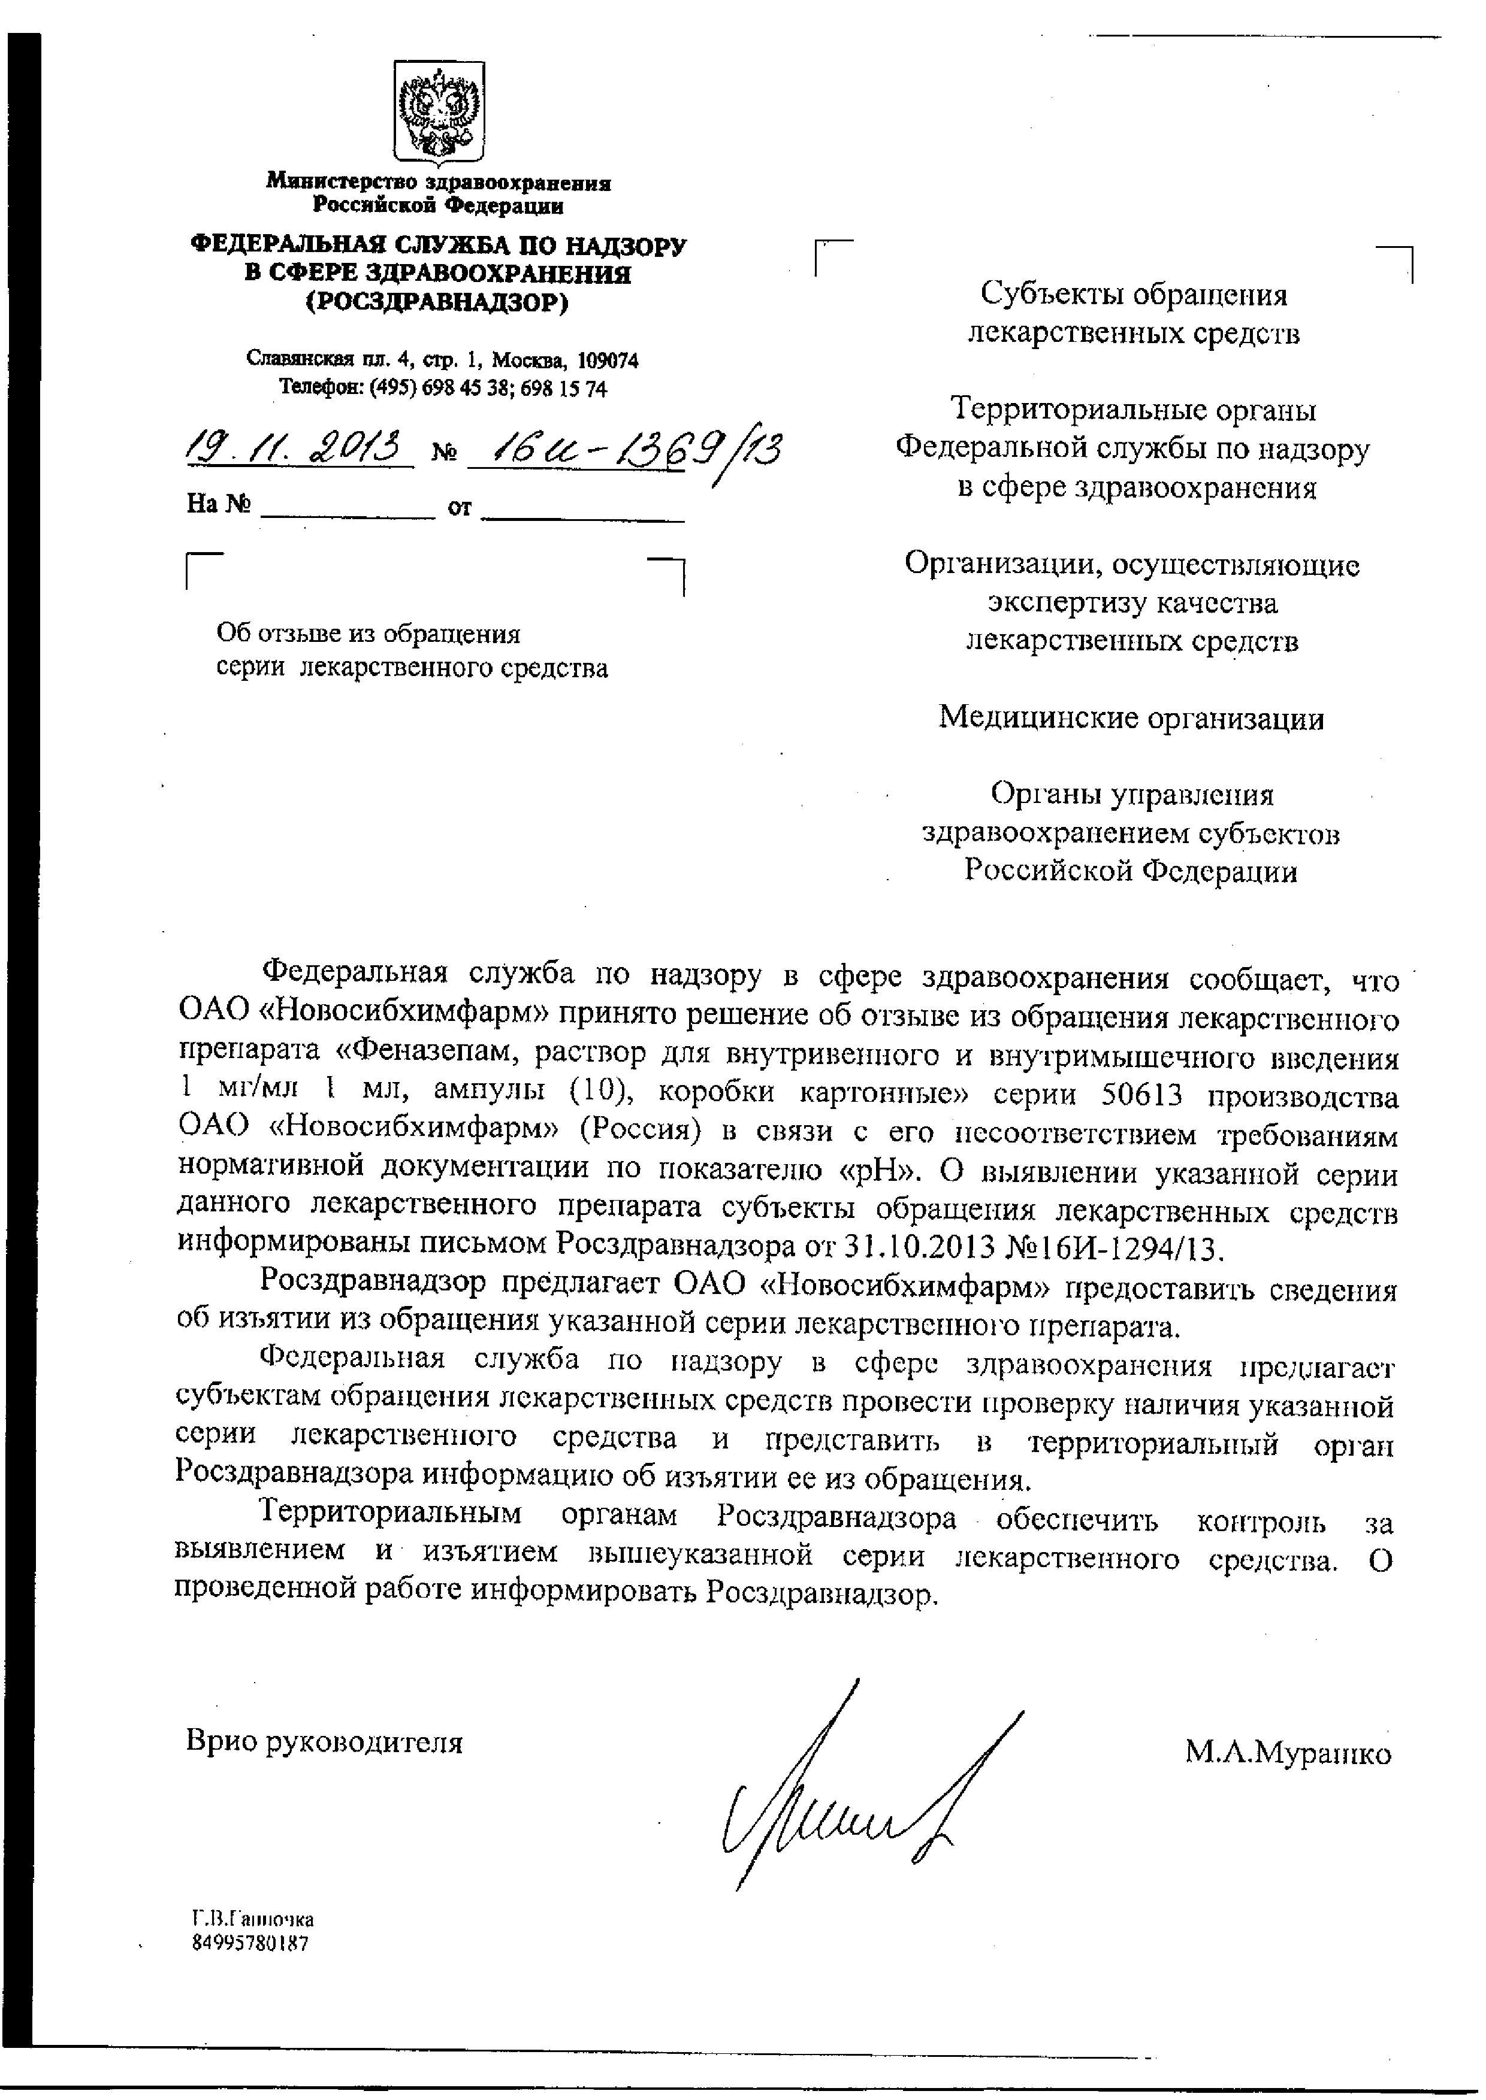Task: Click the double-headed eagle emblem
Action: point(438,111)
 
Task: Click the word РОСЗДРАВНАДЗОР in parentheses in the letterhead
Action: point(437,302)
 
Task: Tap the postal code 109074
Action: point(608,360)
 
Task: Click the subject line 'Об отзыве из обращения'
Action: point(368,633)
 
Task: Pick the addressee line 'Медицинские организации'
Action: point(1131,719)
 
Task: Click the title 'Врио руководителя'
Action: point(325,1741)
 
